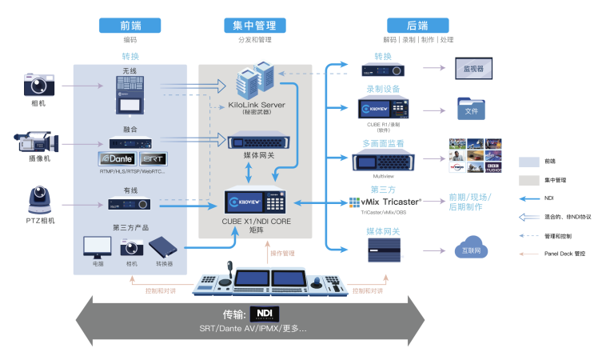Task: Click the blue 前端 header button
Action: coord(130,25)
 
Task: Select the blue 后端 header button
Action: coord(418,25)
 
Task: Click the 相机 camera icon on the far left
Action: coord(38,83)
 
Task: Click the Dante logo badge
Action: coord(120,158)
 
